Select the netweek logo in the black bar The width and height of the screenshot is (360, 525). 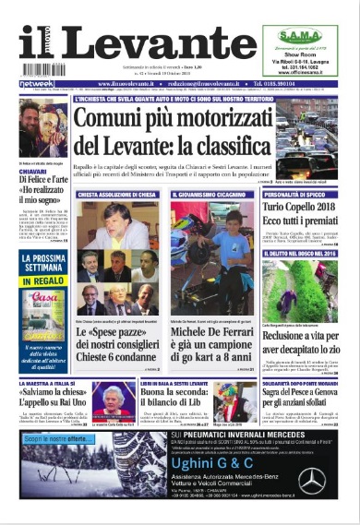click(x=35, y=83)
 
